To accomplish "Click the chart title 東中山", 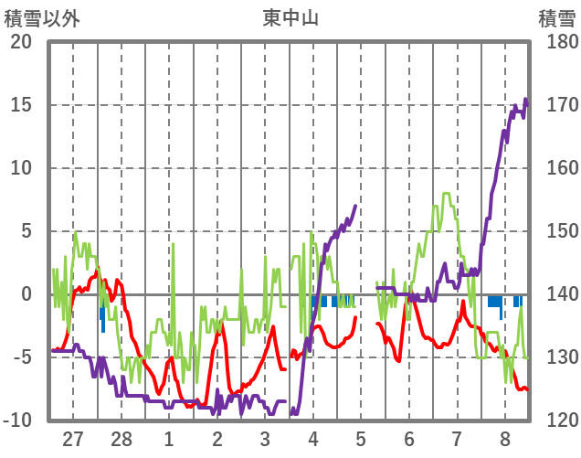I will (x=290, y=16).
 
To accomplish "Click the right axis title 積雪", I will (x=556, y=16).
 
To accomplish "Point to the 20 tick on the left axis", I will (x=21, y=42).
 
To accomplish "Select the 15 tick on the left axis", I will (x=21, y=105).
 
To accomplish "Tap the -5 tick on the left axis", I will (x=21, y=357).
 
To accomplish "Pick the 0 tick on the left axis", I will (x=26, y=294).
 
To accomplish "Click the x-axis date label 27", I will (x=73, y=440).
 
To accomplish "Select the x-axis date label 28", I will (x=121, y=440).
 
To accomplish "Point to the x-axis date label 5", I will (x=361, y=440).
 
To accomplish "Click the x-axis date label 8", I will (x=505, y=440).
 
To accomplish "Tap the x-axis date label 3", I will (x=265, y=440).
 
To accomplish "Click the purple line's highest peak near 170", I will (x=525, y=100).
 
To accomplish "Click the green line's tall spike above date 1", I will (x=174, y=244).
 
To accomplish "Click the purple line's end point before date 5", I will (x=355, y=206).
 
